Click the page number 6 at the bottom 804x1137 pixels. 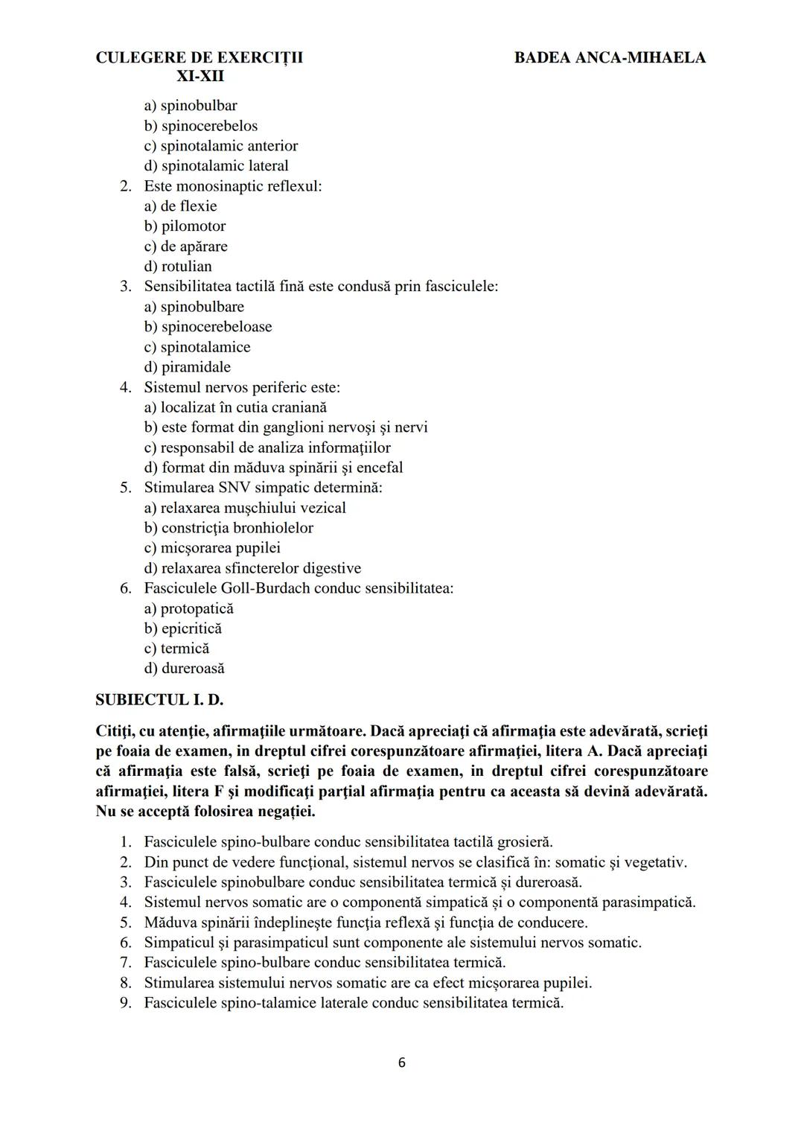coord(402,1063)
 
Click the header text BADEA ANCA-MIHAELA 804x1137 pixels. coord(610,57)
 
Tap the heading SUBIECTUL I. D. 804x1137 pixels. coord(159,700)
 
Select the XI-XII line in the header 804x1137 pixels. coord(200,77)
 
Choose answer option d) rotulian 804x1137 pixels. coord(178,267)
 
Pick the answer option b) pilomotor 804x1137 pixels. coord(185,226)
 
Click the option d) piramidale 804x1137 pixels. coord(188,367)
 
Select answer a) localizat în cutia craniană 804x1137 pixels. coord(235,407)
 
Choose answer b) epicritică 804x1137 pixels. coord(183,628)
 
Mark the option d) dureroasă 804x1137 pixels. coord(184,669)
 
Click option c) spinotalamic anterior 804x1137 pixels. coord(221,146)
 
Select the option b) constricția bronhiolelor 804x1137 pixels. coord(229,528)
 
